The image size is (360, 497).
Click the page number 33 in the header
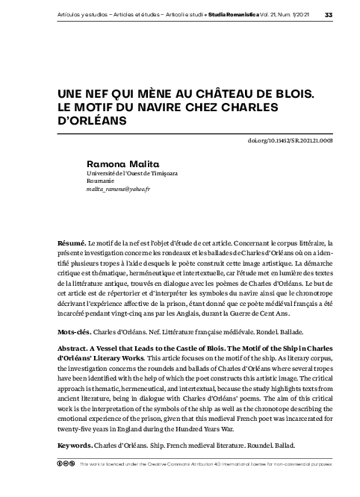329,15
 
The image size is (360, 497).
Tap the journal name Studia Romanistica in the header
232,15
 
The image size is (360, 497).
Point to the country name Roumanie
101,181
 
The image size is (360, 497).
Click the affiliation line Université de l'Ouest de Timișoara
131,172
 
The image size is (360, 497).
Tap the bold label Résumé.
72,244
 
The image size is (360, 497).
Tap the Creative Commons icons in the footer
66,463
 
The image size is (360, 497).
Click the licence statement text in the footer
205,463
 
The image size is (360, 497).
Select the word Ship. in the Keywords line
167,446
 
